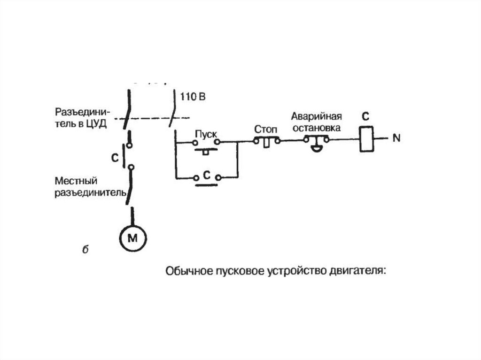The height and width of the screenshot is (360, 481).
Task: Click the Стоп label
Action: (266, 129)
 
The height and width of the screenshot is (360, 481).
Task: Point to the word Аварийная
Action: (316, 116)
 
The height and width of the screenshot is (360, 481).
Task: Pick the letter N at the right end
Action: (396, 138)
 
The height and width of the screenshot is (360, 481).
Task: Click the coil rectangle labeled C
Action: (366, 139)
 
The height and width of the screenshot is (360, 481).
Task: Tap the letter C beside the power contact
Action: (115, 159)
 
